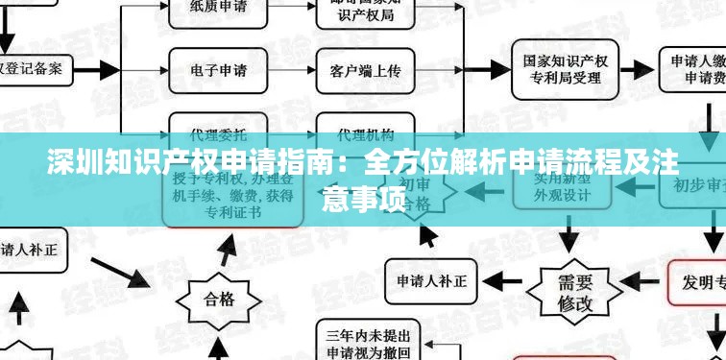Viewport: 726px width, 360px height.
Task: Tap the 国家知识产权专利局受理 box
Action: pyautogui.click(x=566, y=70)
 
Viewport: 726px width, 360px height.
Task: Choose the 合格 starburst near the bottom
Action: pyautogui.click(x=219, y=297)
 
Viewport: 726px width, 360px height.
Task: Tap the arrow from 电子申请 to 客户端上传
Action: pyautogui.click(x=290, y=70)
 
